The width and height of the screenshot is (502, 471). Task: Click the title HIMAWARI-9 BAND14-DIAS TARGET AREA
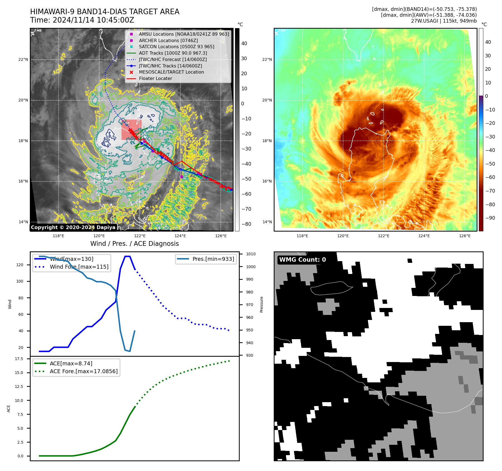[105, 12]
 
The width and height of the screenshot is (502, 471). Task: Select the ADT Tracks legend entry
[173, 53]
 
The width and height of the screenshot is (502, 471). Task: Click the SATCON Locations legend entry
[176, 47]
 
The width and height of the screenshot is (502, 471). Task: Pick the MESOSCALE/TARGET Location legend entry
[171, 72]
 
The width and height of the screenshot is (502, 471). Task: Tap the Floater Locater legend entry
[155, 78]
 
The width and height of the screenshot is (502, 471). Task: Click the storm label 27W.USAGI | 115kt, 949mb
[444, 21]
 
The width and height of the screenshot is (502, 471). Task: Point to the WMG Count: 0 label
[302, 260]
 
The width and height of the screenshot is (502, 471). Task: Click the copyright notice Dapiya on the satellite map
[73, 227]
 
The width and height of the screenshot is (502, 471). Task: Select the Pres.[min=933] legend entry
[213, 259]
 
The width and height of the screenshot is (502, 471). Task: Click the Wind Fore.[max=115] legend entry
[79, 267]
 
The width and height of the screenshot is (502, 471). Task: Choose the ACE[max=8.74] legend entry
[71, 363]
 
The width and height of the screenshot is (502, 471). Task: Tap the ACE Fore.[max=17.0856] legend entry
[84, 371]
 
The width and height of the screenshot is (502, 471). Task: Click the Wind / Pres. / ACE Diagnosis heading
[135, 244]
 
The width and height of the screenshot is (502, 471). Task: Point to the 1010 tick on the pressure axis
[251, 254]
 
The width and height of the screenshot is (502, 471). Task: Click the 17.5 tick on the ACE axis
[19, 359]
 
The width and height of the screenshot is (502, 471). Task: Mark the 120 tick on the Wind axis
[20, 265]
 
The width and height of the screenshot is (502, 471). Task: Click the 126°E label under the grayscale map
[221, 236]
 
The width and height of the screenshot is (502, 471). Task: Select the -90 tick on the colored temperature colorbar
[490, 218]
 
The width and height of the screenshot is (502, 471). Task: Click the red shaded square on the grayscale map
[131, 130]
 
